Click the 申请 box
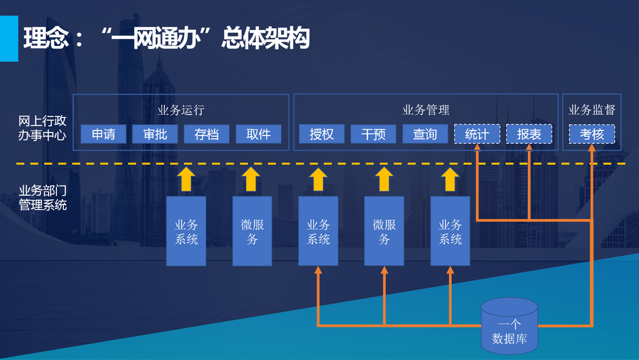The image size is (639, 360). pos(104,134)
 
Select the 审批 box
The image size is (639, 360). pos(155,134)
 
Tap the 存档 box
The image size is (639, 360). pos(206,134)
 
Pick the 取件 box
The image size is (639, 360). pos(258,134)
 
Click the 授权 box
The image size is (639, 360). pos(321,134)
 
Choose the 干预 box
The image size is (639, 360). pos(373,134)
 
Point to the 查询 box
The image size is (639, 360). pos(425,134)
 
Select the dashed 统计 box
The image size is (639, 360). pos(477,134)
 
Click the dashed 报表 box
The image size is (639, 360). pos(529,134)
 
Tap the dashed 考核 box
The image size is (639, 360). pos(592,134)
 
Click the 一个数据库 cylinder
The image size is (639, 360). pos(509,326)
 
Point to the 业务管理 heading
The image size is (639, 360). pos(426,110)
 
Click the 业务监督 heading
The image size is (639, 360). pos(592,110)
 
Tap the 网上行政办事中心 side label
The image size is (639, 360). pos(42,128)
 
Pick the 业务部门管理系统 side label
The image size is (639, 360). pos(42,198)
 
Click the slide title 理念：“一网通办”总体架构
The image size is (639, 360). pos(166,38)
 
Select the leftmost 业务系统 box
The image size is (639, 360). pos(187,231)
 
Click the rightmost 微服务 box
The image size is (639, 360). pos(384,231)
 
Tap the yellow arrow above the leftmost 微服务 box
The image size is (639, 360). pos(252,180)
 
